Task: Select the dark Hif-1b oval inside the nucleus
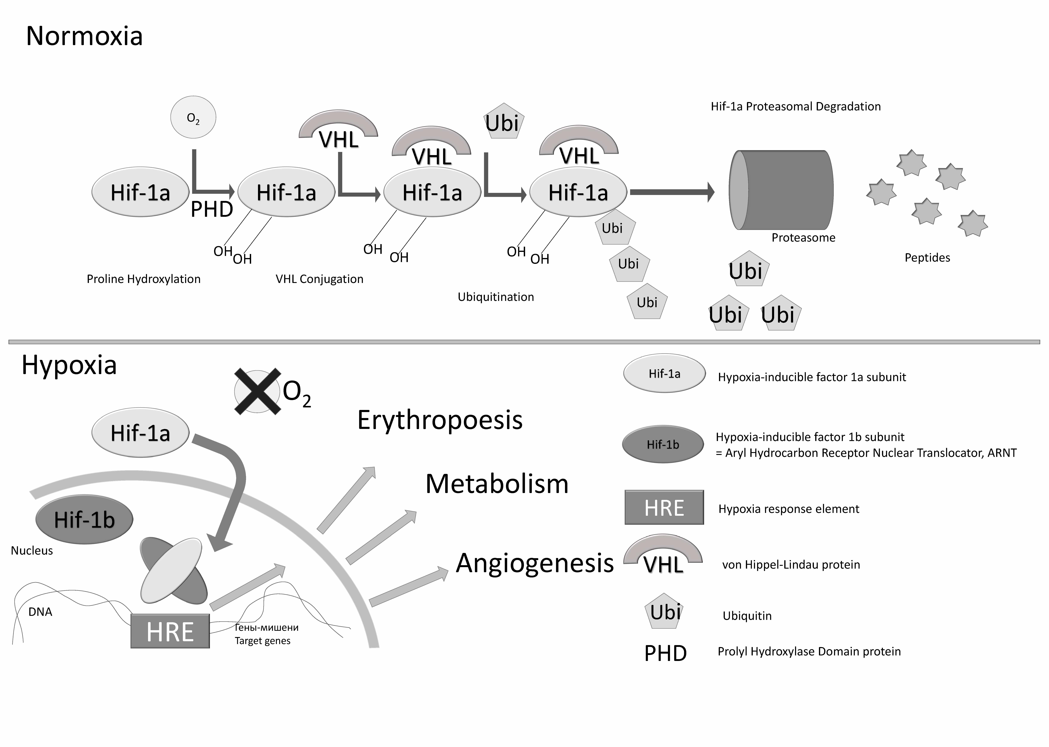[84, 519]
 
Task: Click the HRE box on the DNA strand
[170, 631]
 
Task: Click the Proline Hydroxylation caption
[143, 279]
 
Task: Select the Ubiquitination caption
[496, 297]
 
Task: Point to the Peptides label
[927, 258]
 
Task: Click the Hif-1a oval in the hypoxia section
[140, 433]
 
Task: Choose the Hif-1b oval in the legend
[663, 444]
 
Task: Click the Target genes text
[263, 641]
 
